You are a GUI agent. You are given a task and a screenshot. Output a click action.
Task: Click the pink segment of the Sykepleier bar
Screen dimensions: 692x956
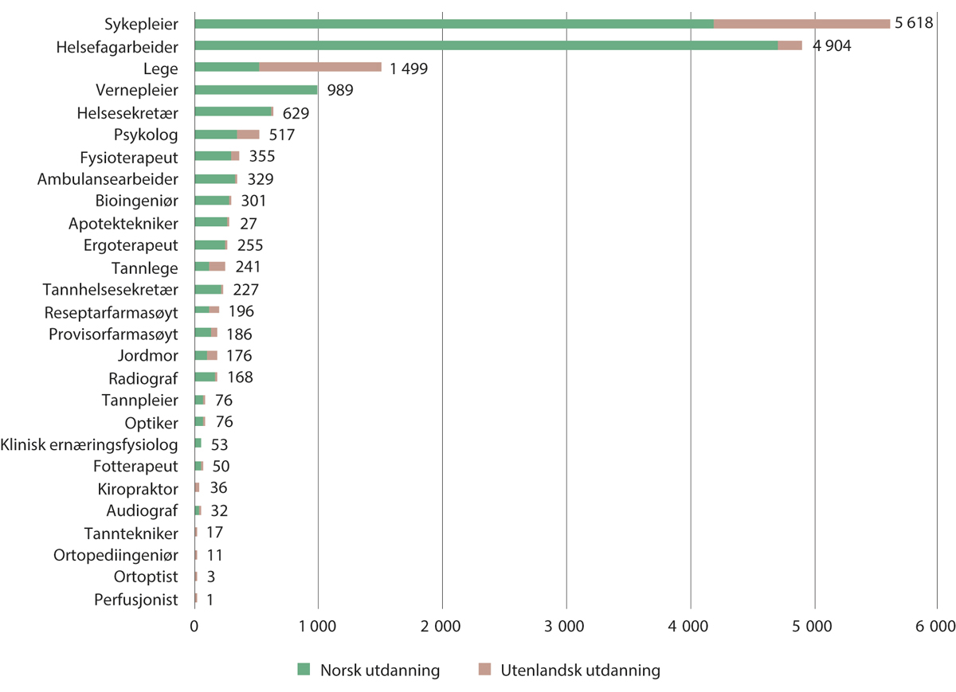tap(801, 23)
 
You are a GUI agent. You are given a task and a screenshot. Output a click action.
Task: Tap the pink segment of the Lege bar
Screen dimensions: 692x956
tap(320, 68)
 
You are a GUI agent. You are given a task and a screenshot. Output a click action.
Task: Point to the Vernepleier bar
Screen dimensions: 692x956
tap(256, 90)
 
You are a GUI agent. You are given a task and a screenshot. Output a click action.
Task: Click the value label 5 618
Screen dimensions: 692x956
tap(914, 23)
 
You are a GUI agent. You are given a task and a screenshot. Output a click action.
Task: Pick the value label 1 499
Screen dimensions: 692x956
tap(409, 68)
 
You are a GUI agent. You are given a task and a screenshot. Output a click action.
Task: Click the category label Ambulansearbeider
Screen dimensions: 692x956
tap(108, 179)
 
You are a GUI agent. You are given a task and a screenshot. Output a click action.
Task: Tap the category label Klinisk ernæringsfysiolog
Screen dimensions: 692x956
tap(89, 444)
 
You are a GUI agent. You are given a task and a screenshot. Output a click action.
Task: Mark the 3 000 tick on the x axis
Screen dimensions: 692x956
tap(566, 627)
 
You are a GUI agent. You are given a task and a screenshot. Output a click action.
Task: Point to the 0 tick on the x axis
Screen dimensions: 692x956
tap(194, 627)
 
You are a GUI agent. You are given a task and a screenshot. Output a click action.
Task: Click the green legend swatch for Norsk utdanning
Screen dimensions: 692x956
tap(303, 670)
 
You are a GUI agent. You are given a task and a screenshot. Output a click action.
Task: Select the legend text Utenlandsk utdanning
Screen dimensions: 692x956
tap(581, 670)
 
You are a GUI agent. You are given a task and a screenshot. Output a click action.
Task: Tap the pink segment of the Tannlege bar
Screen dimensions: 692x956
tap(217, 268)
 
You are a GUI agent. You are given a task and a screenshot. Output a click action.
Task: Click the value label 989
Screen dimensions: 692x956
tap(340, 90)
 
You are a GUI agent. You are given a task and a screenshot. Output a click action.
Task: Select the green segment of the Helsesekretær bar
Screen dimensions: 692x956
tap(233, 112)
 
